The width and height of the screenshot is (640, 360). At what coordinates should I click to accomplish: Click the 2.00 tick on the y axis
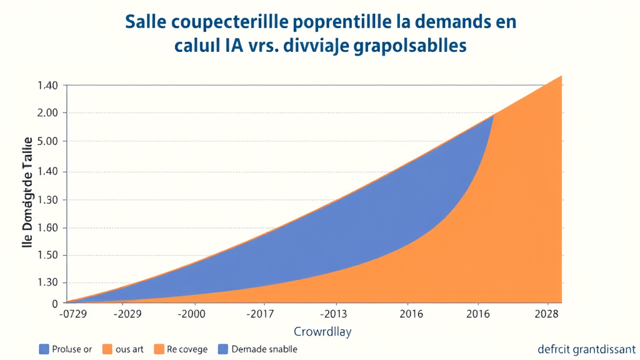point(47,113)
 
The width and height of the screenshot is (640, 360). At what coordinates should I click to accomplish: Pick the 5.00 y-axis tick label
point(47,141)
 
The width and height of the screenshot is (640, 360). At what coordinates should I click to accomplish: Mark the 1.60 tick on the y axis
point(47,227)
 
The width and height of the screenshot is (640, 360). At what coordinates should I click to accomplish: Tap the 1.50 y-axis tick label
point(47,256)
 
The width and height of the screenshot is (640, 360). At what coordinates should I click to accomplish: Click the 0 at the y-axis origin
point(55,304)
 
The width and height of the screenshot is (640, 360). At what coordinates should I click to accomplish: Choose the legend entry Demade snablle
point(264,349)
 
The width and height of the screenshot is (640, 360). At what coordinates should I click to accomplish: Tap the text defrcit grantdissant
point(586,349)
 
